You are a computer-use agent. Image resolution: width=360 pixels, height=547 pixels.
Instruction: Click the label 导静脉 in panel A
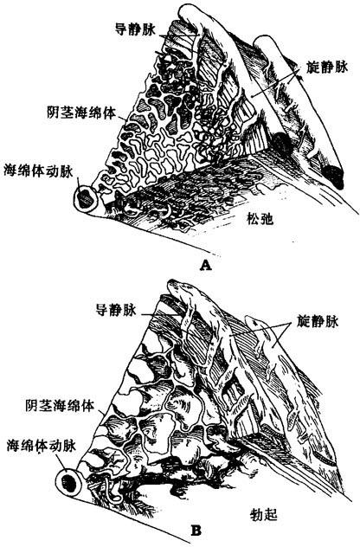(134, 29)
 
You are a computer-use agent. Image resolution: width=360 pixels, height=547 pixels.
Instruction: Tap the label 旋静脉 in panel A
(328, 67)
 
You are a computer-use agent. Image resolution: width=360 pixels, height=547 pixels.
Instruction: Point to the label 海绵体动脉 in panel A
(38, 171)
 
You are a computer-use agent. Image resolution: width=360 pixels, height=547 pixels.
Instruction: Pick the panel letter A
(206, 266)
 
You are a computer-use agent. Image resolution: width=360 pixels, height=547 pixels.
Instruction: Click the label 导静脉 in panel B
(116, 310)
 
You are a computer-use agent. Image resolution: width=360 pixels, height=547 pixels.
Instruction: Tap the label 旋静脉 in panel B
(318, 321)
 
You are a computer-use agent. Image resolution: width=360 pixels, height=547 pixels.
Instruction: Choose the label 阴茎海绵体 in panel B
(60, 405)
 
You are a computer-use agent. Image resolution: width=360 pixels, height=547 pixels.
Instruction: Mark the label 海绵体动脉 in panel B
(42, 446)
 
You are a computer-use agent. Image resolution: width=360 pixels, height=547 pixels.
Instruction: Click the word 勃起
(264, 514)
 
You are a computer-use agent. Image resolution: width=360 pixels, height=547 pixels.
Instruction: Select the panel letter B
(196, 531)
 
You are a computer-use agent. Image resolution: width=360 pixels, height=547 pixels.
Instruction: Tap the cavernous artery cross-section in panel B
(68, 482)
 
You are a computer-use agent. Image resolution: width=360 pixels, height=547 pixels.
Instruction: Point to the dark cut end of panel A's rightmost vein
(333, 177)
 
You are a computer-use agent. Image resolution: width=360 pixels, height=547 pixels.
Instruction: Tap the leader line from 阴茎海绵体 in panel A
(120, 116)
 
